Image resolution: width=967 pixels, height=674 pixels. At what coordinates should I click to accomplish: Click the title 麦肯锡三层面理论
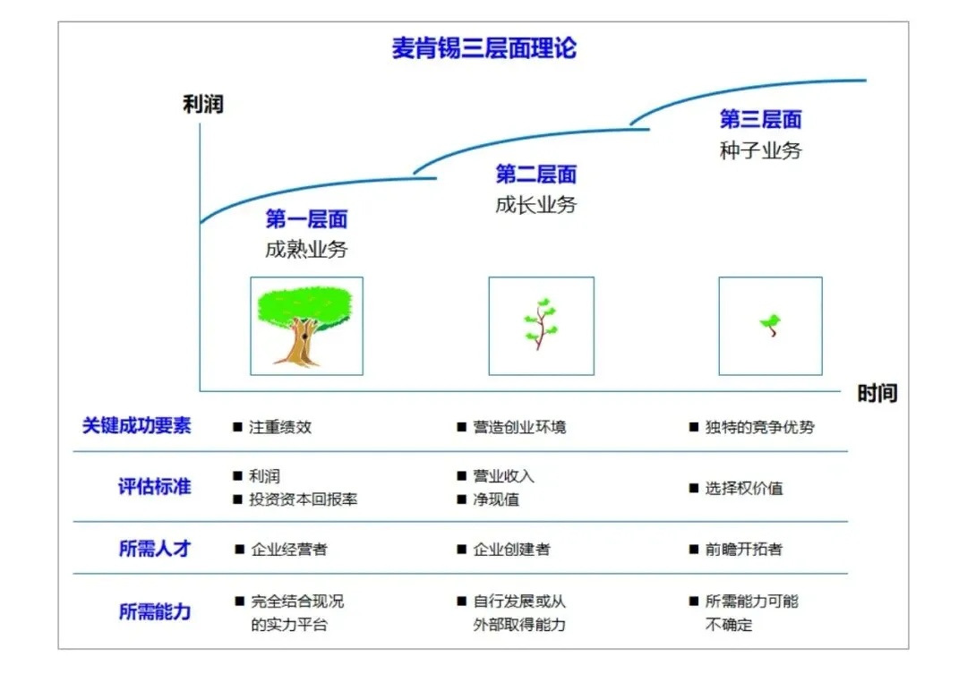pyautogui.click(x=483, y=48)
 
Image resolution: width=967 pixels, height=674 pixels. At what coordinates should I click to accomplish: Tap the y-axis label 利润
pyautogui.click(x=202, y=105)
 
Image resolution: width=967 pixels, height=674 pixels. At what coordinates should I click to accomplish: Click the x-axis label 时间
pyautogui.click(x=877, y=394)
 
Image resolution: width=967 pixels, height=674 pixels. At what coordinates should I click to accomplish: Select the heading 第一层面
pyautogui.click(x=306, y=219)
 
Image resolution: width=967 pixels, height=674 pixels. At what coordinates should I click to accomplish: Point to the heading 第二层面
pyautogui.click(x=535, y=175)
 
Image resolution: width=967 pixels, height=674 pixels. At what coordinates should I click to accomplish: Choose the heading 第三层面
pyautogui.click(x=760, y=119)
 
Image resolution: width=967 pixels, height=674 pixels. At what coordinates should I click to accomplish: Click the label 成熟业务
pyautogui.click(x=306, y=250)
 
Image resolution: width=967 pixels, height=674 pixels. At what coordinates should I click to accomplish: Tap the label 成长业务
pyautogui.click(x=535, y=205)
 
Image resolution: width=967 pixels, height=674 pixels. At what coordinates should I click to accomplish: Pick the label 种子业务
pyautogui.click(x=760, y=150)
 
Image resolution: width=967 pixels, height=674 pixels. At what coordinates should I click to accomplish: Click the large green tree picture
pyautogui.click(x=306, y=326)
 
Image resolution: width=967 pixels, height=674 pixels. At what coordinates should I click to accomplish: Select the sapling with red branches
pyautogui.click(x=541, y=326)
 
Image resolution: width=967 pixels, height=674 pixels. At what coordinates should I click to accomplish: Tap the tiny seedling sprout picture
pyautogui.click(x=770, y=326)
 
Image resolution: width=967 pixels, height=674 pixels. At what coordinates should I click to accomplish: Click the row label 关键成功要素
pyautogui.click(x=136, y=426)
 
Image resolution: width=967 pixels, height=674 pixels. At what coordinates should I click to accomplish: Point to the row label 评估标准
pyautogui.click(x=154, y=488)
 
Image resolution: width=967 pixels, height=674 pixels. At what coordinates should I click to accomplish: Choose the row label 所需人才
pyautogui.click(x=154, y=549)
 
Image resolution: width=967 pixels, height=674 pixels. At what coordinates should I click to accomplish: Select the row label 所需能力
pyautogui.click(x=154, y=612)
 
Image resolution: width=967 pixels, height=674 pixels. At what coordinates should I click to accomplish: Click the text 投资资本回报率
pyautogui.click(x=303, y=499)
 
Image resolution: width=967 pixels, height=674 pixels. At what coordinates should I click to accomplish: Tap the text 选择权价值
pyautogui.click(x=743, y=489)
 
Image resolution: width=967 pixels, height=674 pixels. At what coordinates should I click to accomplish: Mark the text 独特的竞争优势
pyautogui.click(x=759, y=427)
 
